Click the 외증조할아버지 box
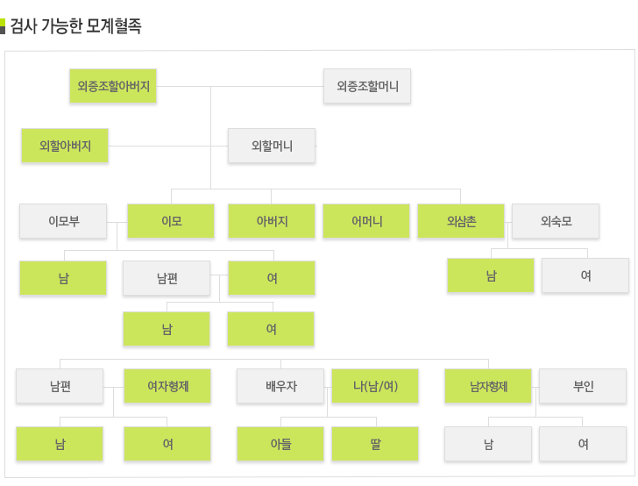point(113,86)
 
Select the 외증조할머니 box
point(367,86)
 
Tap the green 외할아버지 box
point(65,145)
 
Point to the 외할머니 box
point(272,146)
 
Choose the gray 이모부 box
point(64,221)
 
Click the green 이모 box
point(171,221)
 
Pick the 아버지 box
point(272,221)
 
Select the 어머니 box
point(366,221)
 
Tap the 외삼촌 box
point(461,221)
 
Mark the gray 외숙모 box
point(556,221)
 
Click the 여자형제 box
point(167,385)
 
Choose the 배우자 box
point(280,385)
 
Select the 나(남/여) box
point(375,385)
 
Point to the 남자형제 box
point(488,385)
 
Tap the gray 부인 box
point(583,385)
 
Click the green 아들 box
point(280,444)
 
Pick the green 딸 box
point(375,444)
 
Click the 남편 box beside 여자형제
point(60,385)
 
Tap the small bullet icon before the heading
point(4,26)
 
